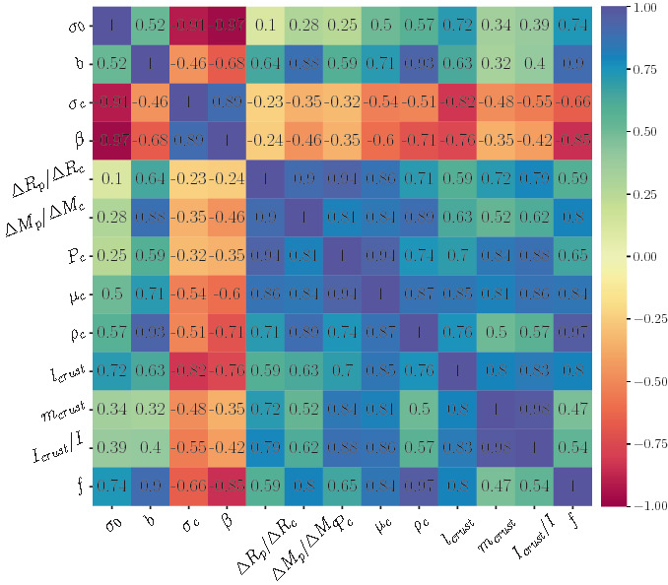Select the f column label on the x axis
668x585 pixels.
click(x=573, y=525)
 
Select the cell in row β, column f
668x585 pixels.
click(x=574, y=140)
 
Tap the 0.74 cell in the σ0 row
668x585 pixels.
click(x=574, y=24)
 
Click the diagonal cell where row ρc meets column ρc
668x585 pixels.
click(x=421, y=332)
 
